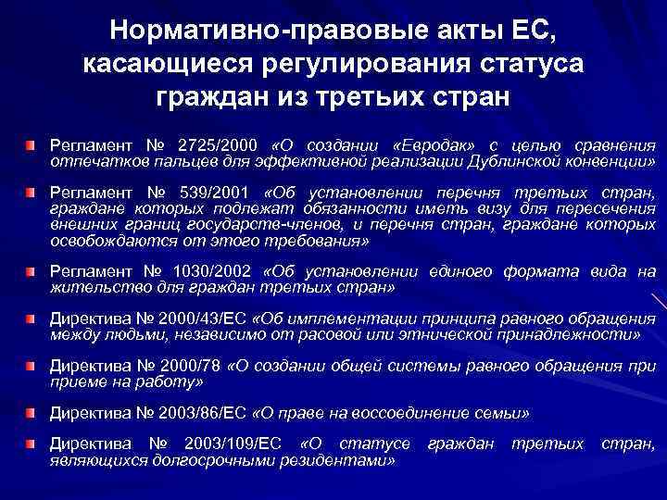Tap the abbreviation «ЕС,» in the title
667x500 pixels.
(x=526, y=31)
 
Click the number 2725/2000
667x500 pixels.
(x=219, y=146)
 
